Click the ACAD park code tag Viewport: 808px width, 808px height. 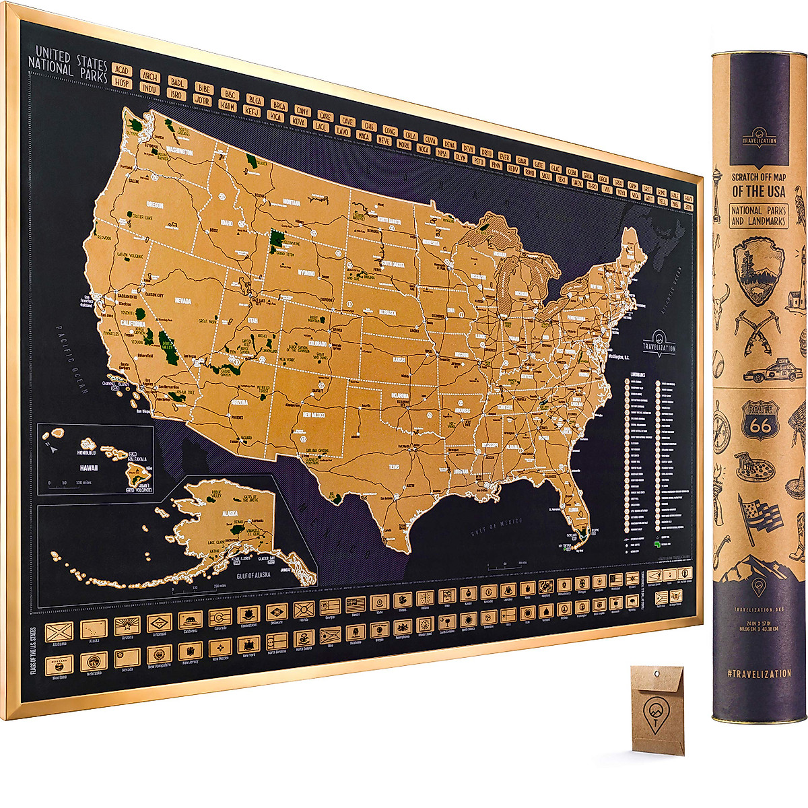coord(121,70)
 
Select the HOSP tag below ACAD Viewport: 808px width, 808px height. coord(122,82)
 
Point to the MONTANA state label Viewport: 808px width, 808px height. coord(291,201)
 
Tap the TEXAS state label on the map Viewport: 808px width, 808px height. coord(394,465)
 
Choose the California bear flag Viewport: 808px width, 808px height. coord(189,619)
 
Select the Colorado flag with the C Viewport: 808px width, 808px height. coord(220,617)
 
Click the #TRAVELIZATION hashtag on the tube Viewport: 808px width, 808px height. coord(759,673)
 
